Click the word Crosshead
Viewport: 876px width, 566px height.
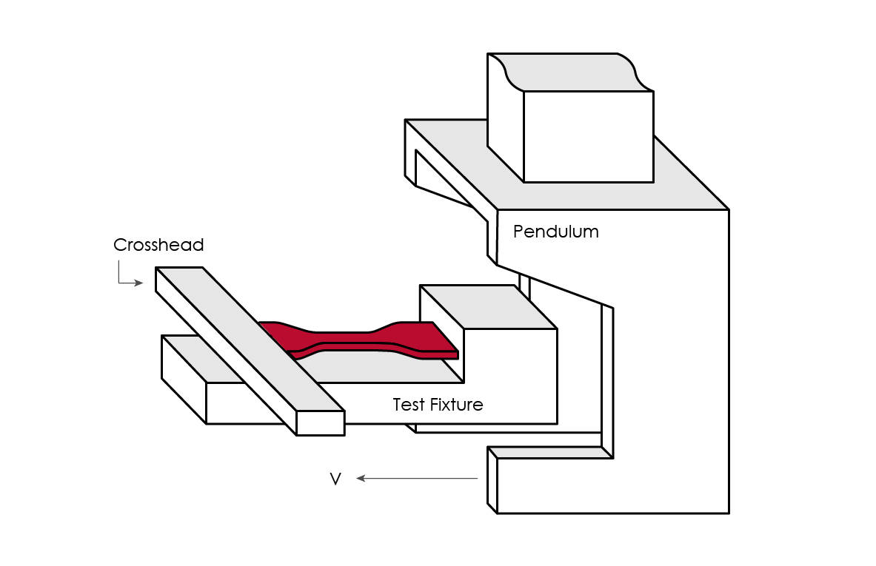point(158,245)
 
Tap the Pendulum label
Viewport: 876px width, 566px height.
point(555,232)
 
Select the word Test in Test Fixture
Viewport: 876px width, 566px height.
point(408,405)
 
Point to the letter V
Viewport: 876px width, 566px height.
point(335,479)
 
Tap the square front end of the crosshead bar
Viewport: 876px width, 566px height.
point(320,423)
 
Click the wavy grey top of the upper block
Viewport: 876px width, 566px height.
point(570,72)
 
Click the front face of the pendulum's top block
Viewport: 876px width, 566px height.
point(588,136)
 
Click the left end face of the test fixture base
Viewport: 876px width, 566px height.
point(183,378)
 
